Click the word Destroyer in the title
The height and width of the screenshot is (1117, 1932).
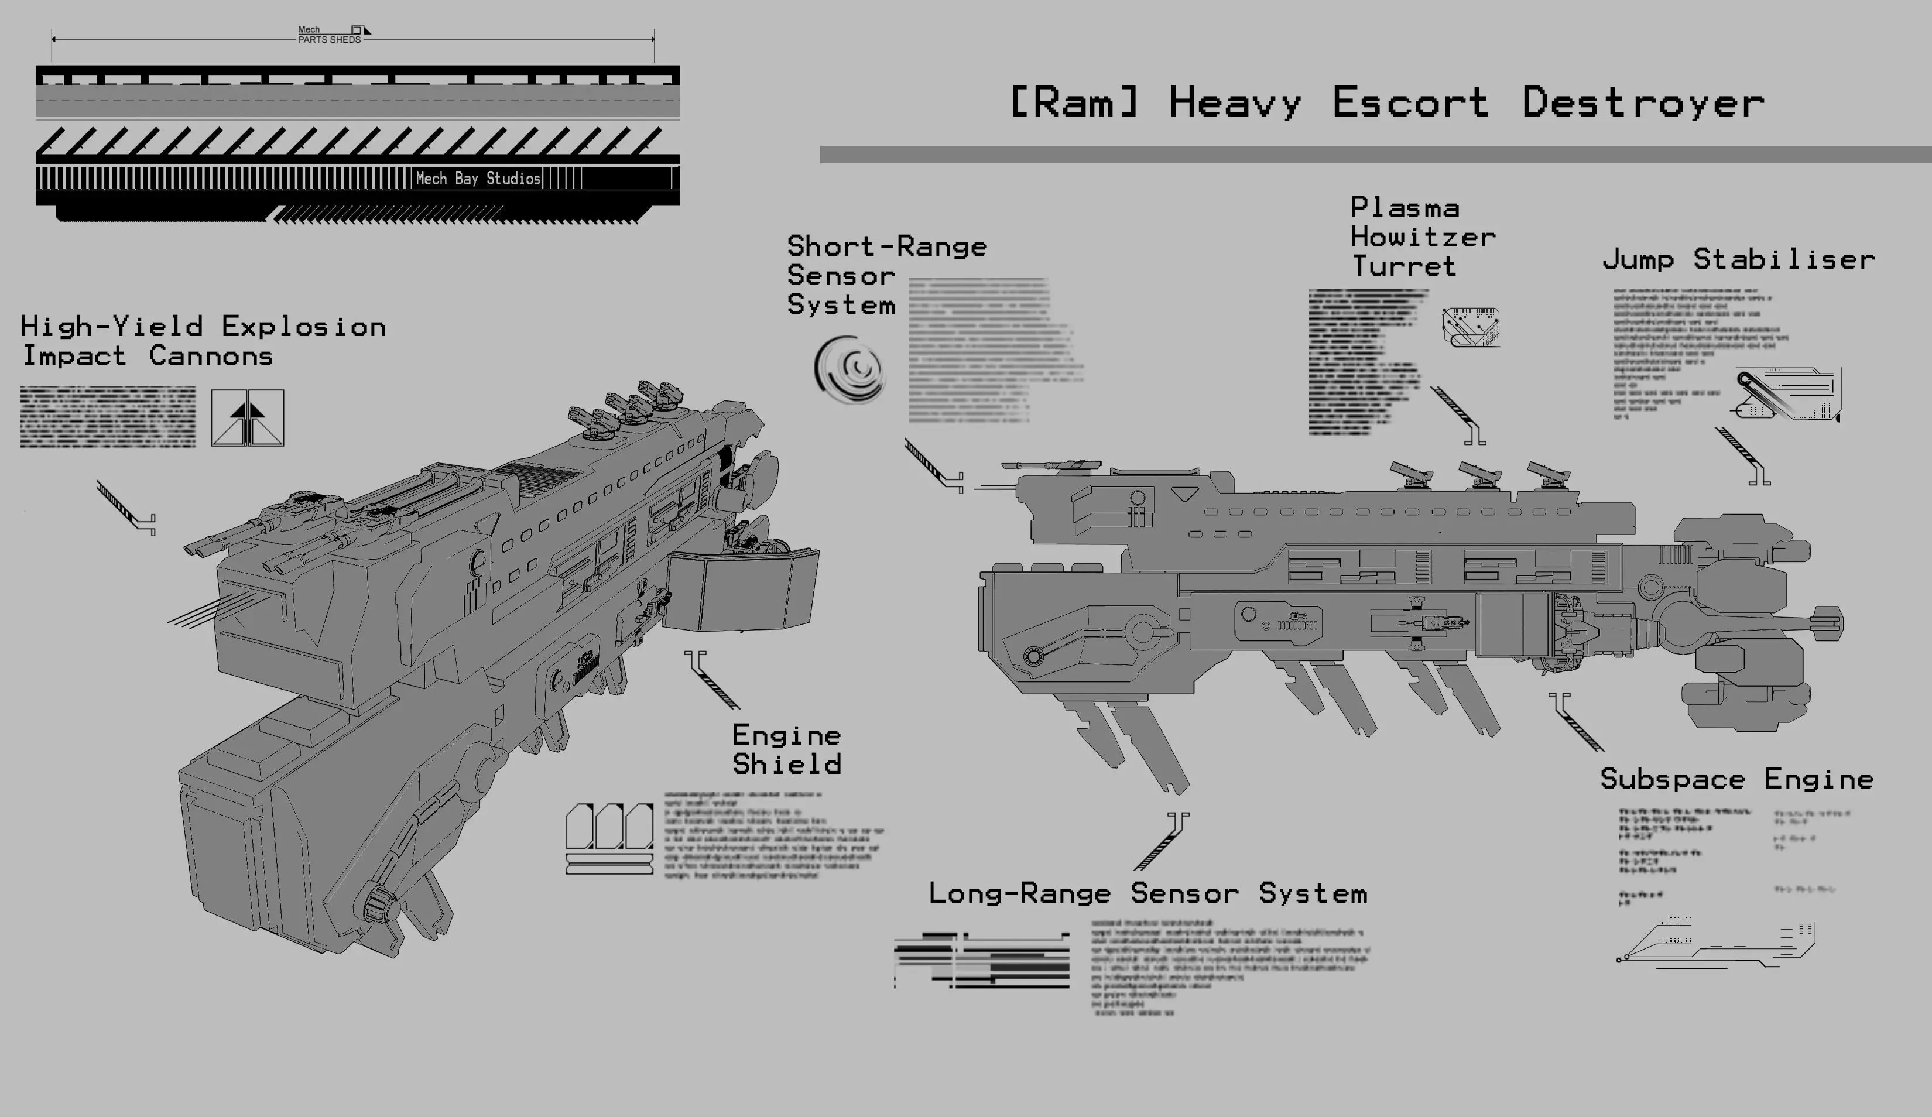coord(1642,102)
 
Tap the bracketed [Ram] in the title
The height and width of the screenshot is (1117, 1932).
coord(1073,102)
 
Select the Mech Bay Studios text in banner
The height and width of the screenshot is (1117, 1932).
coord(478,179)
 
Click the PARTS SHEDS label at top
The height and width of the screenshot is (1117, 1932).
coord(329,39)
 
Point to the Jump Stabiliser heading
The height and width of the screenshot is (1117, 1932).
coord(1738,259)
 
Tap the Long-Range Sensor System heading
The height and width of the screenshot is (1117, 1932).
coord(1147,893)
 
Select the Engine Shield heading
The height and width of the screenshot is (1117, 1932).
coord(787,750)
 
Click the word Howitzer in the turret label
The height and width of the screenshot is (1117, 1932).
coord(1423,237)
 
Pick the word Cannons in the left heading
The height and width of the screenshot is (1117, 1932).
coord(211,356)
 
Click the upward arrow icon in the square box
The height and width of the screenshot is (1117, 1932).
coord(247,418)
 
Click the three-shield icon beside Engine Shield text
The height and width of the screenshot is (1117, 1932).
coord(609,838)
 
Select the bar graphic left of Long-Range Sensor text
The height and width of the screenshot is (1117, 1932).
coord(982,960)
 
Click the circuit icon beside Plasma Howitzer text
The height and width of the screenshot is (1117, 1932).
coord(1471,327)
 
